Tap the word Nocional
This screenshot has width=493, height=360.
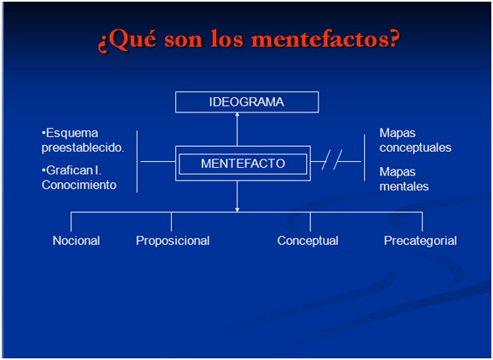[76, 241]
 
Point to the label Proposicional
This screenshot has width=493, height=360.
[173, 241]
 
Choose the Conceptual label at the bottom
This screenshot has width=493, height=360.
[308, 241]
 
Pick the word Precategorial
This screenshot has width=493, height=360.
[420, 241]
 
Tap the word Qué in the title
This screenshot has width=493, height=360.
[127, 39]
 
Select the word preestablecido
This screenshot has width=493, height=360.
[83, 148]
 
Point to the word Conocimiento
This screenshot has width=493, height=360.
[79, 185]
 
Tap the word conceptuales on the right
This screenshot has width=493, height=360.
[415, 148]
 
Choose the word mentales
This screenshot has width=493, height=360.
[404, 186]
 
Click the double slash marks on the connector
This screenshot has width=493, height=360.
[332, 159]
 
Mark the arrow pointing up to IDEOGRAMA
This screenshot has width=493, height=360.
[237, 129]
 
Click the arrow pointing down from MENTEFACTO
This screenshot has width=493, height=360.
[237, 196]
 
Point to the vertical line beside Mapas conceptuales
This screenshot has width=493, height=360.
[365, 158]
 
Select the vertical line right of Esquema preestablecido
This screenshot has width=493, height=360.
[138, 161]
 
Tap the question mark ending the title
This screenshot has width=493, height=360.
[393, 38]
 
